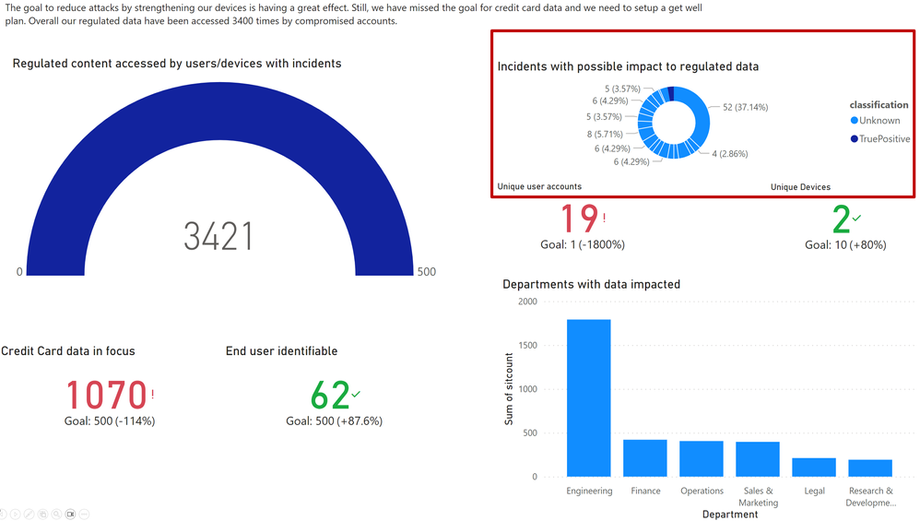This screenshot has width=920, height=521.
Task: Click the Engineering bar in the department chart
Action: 588,397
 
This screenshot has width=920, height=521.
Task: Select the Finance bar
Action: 645,457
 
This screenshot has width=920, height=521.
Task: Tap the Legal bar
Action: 814,467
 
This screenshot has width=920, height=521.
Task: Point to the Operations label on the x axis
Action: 702,491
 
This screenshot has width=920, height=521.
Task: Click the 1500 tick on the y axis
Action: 527,346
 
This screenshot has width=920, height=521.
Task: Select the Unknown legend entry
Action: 879,121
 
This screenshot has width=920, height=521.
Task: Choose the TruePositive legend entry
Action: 884,139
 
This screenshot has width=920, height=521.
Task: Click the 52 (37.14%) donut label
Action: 745,107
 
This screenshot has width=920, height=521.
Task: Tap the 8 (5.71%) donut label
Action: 605,135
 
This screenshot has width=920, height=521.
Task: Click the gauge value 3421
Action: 218,237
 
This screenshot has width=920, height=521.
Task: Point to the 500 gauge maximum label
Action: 426,272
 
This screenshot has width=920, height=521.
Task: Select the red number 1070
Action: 106,395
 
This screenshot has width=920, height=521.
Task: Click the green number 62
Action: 329,395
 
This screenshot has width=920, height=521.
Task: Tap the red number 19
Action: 580,219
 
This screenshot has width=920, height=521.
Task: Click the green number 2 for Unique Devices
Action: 841,219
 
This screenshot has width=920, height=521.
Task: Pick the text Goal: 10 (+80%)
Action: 846,245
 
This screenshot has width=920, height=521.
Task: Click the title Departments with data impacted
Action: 591,284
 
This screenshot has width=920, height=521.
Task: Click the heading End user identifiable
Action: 281,351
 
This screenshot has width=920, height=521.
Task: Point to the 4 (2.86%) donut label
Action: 729,153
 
